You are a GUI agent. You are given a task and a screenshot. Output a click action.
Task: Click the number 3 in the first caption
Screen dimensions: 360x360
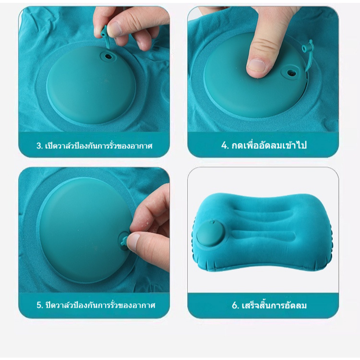[39, 146]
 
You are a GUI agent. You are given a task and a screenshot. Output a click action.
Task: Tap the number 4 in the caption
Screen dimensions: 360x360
[224, 145]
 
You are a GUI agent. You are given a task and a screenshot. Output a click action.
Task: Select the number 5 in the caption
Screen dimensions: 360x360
[39, 305]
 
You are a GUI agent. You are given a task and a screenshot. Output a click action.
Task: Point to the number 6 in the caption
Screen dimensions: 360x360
[235, 305]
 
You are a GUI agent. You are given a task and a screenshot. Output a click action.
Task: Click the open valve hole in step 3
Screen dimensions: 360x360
[107, 56]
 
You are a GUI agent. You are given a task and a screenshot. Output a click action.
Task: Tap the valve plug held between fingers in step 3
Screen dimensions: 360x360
[104, 33]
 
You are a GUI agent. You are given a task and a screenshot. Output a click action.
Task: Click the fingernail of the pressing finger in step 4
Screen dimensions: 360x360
[257, 65]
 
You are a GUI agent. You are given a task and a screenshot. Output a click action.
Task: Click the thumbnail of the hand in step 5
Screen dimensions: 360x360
[134, 241]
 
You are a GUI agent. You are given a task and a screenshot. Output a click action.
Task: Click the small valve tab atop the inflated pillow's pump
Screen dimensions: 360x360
[212, 222]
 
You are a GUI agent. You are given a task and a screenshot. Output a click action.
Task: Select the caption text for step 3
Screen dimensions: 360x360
[95, 146]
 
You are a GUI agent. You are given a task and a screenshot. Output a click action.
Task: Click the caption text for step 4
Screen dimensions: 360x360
[264, 145]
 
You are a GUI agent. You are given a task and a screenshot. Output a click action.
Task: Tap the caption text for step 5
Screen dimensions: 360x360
[96, 305]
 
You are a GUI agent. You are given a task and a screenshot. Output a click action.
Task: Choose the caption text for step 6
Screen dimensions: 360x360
[269, 305]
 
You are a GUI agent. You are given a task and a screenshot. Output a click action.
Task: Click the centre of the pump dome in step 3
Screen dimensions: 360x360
[91, 85]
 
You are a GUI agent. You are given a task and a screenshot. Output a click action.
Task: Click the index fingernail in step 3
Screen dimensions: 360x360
[115, 29]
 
